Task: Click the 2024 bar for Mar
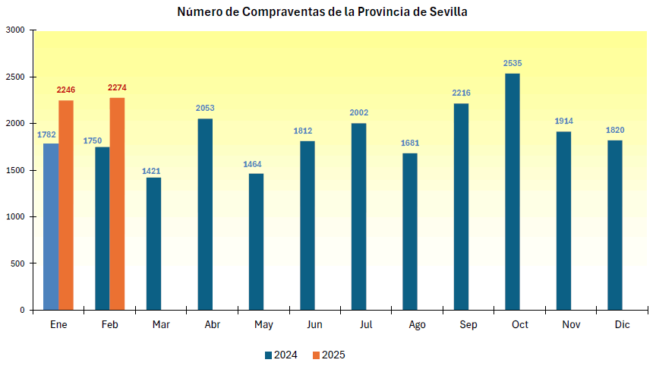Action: tap(153, 244)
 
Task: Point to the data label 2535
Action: tap(512, 63)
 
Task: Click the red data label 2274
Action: tap(117, 87)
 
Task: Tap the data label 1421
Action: tap(152, 171)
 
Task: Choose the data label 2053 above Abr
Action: tap(205, 108)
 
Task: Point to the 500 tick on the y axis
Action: tap(17, 263)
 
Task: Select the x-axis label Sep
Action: tap(468, 325)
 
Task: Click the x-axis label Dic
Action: tap(622, 325)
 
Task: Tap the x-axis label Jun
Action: tap(314, 325)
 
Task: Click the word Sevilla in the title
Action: tap(446, 12)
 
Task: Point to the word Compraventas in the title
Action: tap(278, 12)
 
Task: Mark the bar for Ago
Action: tap(410, 232)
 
